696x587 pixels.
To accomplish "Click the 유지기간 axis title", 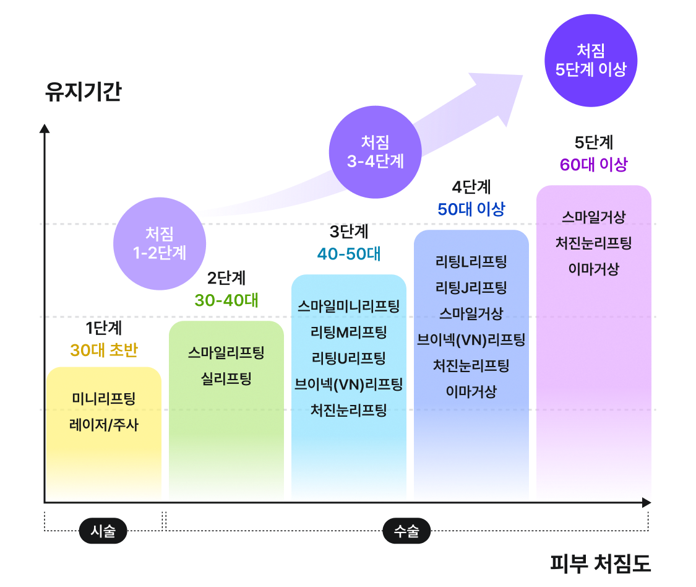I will point(83,92).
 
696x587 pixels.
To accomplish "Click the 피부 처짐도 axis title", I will point(600,564).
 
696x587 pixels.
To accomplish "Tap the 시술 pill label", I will point(103,531).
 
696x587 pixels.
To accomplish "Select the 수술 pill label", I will point(406,531).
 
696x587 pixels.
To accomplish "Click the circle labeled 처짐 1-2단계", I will point(160,243).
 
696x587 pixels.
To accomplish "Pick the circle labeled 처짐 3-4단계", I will point(375,152).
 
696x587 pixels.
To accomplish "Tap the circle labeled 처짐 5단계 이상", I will point(591,60).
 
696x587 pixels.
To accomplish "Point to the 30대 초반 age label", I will point(104,350).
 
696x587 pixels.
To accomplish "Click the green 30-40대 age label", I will point(226,300).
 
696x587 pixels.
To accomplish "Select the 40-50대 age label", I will point(349,254).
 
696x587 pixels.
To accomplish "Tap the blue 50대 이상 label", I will point(471,209).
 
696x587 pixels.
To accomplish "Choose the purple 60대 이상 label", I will point(593,164).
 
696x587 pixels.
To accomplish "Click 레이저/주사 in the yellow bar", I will point(104,425).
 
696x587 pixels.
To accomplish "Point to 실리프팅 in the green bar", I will point(226,378).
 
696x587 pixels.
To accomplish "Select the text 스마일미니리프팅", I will point(349,305).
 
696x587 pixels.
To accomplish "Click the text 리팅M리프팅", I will point(349,332).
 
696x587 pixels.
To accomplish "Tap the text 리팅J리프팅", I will point(471,287).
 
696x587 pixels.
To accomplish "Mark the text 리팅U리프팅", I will point(349,358).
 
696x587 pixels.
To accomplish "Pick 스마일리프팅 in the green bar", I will point(226,353).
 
